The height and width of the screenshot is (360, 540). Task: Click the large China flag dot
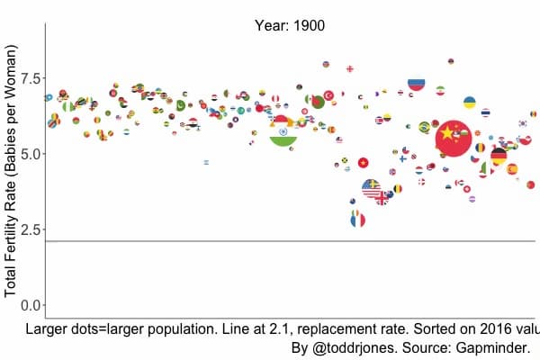[x=454, y=137]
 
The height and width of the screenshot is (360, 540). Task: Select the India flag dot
[x=283, y=130]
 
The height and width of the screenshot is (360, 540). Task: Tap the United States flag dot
[x=372, y=188]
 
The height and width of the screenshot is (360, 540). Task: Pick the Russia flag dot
[x=416, y=83]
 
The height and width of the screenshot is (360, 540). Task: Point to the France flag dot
[x=358, y=219]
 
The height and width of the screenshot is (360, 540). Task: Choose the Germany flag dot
[x=498, y=157]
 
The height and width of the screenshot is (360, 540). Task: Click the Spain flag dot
[x=512, y=168]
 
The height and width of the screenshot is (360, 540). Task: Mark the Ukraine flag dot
[x=469, y=103]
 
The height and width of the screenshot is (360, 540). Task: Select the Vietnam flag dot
[x=364, y=163]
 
